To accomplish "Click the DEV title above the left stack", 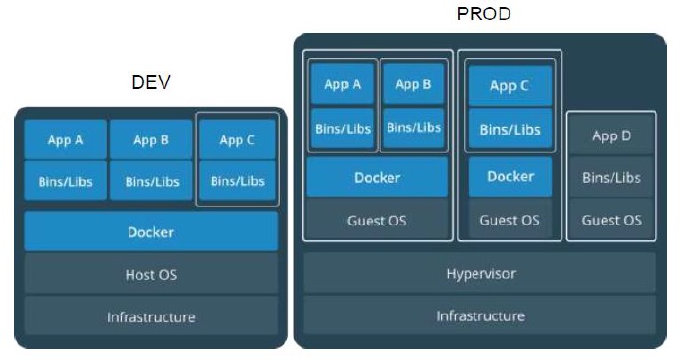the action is [x=151, y=82].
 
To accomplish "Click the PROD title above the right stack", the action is [x=483, y=14].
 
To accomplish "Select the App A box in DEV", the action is [x=65, y=139].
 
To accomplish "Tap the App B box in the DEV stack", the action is [x=151, y=139].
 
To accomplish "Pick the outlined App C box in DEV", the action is [x=237, y=139].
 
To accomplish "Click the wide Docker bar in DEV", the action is [x=151, y=231].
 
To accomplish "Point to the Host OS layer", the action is [x=151, y=274].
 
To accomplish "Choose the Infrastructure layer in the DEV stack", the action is [x=151, y=316].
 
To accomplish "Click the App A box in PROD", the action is [x=342, y=84].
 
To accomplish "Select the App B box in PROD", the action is [x=413, y=84].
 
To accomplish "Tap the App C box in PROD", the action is [x=509, y=86].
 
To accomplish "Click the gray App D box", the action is [x=611, y=135].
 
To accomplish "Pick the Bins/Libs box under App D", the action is [x=611, y=177].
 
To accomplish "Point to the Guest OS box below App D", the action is [x=611, y=220].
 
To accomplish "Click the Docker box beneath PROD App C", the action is [x=510, y=176].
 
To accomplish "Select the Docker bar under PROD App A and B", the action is [x=377, y=177].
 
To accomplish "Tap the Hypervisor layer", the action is [x=480, y=273].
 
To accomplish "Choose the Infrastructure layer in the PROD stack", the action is [x=480, y=315].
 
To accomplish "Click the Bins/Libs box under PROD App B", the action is [x=413, y=128].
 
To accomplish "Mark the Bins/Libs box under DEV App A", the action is [x=65, y=181].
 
